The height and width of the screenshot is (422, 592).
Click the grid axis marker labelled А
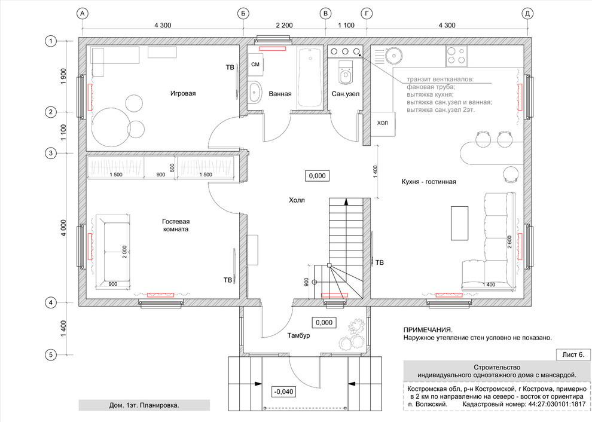coord(83,14)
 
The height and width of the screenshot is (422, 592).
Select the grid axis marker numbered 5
coord(50,355)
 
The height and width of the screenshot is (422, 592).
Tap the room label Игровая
coord(183,93)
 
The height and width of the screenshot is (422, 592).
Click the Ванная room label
coord(280,94)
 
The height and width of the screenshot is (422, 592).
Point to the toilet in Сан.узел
coord(345,72)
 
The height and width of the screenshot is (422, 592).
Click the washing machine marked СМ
coord(255,65)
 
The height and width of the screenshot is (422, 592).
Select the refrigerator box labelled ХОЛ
coord(383,123)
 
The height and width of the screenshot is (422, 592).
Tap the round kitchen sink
coord(393,57)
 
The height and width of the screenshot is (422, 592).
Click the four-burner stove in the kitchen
coord(456,55)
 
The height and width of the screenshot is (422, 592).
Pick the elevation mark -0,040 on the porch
coord(283,392)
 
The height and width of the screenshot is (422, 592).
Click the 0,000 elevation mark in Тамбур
coord(324,322)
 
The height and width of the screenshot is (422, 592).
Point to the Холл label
coord(297,200)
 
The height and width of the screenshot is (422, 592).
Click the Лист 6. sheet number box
coord(573,355)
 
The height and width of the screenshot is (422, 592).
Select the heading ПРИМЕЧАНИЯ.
coord(428,330)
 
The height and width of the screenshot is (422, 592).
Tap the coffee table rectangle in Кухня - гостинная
coord(459,223)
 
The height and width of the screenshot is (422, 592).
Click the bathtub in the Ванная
coord(310,77)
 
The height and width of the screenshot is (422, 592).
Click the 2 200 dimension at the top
coord(284,25)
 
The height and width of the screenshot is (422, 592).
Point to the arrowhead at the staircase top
coord(346,201)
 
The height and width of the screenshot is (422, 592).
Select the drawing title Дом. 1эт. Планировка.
coord(144,405)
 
